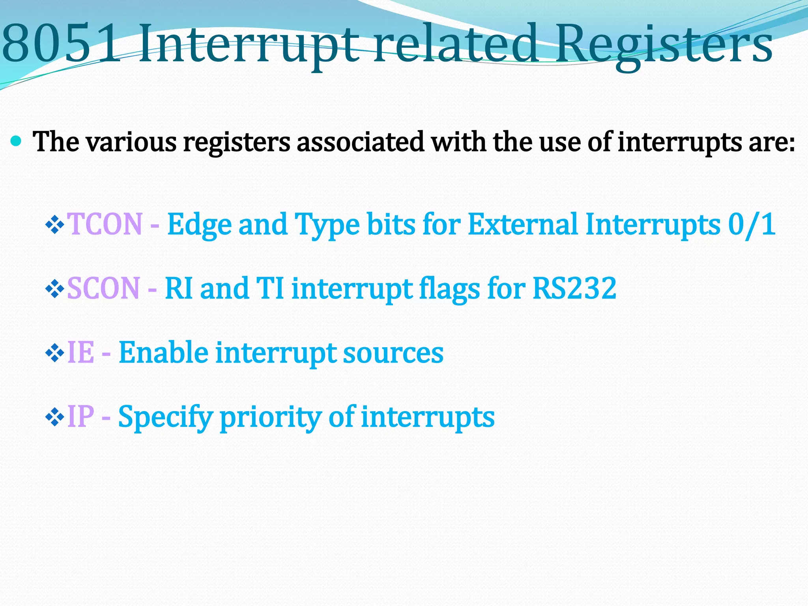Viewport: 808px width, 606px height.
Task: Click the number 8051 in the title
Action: [x=61, y=44]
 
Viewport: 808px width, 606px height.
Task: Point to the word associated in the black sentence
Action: [x=360, y=142]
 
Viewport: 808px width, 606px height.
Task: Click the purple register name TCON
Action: [x=105, y=224]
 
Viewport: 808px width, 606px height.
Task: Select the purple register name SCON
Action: [x=103, y=288]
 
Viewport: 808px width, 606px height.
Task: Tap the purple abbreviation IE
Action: [x=81, y=352]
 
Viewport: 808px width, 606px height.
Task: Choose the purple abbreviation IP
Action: [x=81, y=416]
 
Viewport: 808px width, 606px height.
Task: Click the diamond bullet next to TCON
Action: [x=54, y=225]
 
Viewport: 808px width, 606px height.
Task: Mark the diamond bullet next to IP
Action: [x=54, y=417]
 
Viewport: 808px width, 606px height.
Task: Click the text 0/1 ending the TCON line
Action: [x=752, y=224]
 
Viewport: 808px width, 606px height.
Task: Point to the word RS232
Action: [x=574, y=288]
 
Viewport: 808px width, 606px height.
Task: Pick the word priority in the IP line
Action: [x=271, y=417]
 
